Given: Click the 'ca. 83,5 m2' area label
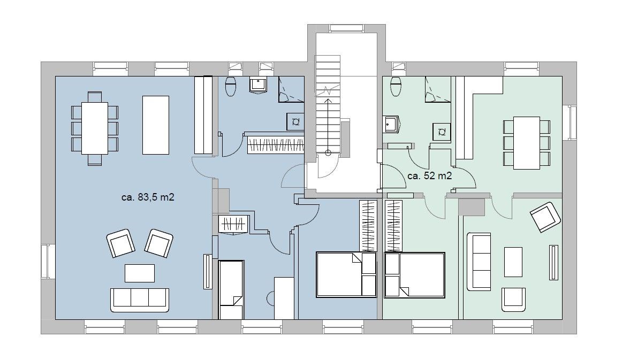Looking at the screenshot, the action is click(147, 197).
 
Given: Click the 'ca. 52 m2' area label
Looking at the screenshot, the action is click(429, 176).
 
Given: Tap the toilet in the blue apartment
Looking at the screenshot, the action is click(231, 86).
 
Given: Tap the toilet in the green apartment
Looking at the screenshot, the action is click(396, 86).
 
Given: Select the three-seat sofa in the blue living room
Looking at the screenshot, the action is click(139, 300).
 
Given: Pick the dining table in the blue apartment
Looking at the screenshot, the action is click(95, 128).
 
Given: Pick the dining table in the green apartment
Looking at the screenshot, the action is click(526, 143).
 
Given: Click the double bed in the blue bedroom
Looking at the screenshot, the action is click(346, 274).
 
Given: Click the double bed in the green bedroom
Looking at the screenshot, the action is click(415, 275).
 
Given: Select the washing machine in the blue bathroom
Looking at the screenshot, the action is click(295, 121).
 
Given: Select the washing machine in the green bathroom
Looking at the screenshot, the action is click(442, 132).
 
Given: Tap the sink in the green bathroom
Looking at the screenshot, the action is click(392, 124).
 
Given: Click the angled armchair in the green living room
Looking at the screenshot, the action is click(545, 217).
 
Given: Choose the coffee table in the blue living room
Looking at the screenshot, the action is click(139, 273).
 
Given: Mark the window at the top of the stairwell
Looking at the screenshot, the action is click(346, 28).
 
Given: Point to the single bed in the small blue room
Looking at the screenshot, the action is click(231, 289).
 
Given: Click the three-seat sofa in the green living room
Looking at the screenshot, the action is click(479, 261).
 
